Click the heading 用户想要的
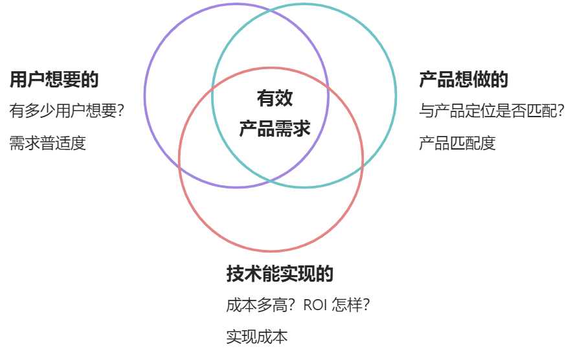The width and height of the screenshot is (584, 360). coord(54,80)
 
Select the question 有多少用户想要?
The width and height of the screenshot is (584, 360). coord(67,111)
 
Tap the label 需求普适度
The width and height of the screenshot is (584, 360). coord(48,142)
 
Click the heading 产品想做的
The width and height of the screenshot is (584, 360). coord(464,80)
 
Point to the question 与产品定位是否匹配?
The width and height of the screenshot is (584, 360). coord(492,111)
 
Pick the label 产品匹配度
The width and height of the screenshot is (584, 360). coord(457,142)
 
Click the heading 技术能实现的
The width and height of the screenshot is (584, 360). coord(280,274)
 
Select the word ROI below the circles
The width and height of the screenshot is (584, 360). coord(316,305)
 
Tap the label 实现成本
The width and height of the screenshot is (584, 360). coord(256,337)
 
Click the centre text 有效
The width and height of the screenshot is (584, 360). coord(275,98)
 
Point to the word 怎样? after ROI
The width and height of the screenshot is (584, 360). coord(351,305)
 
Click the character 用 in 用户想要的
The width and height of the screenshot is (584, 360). coord(18,80)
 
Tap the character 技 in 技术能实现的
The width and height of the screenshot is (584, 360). coord(235,274)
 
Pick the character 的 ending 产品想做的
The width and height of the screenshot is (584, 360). coord(500,80)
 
